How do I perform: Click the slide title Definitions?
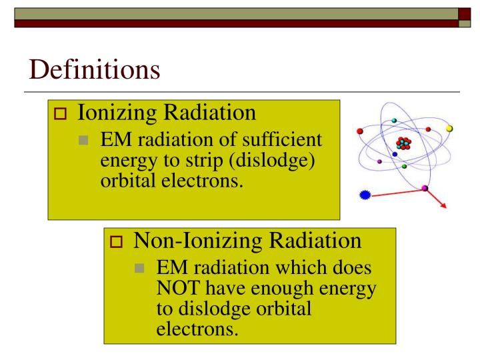[93, 69]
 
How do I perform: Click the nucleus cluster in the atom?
[402, 143]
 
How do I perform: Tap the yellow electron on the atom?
[449, 128]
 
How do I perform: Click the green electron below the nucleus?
[404, 167]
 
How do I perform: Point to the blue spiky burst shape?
[363, 197]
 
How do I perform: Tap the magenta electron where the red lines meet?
[425, 189]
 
